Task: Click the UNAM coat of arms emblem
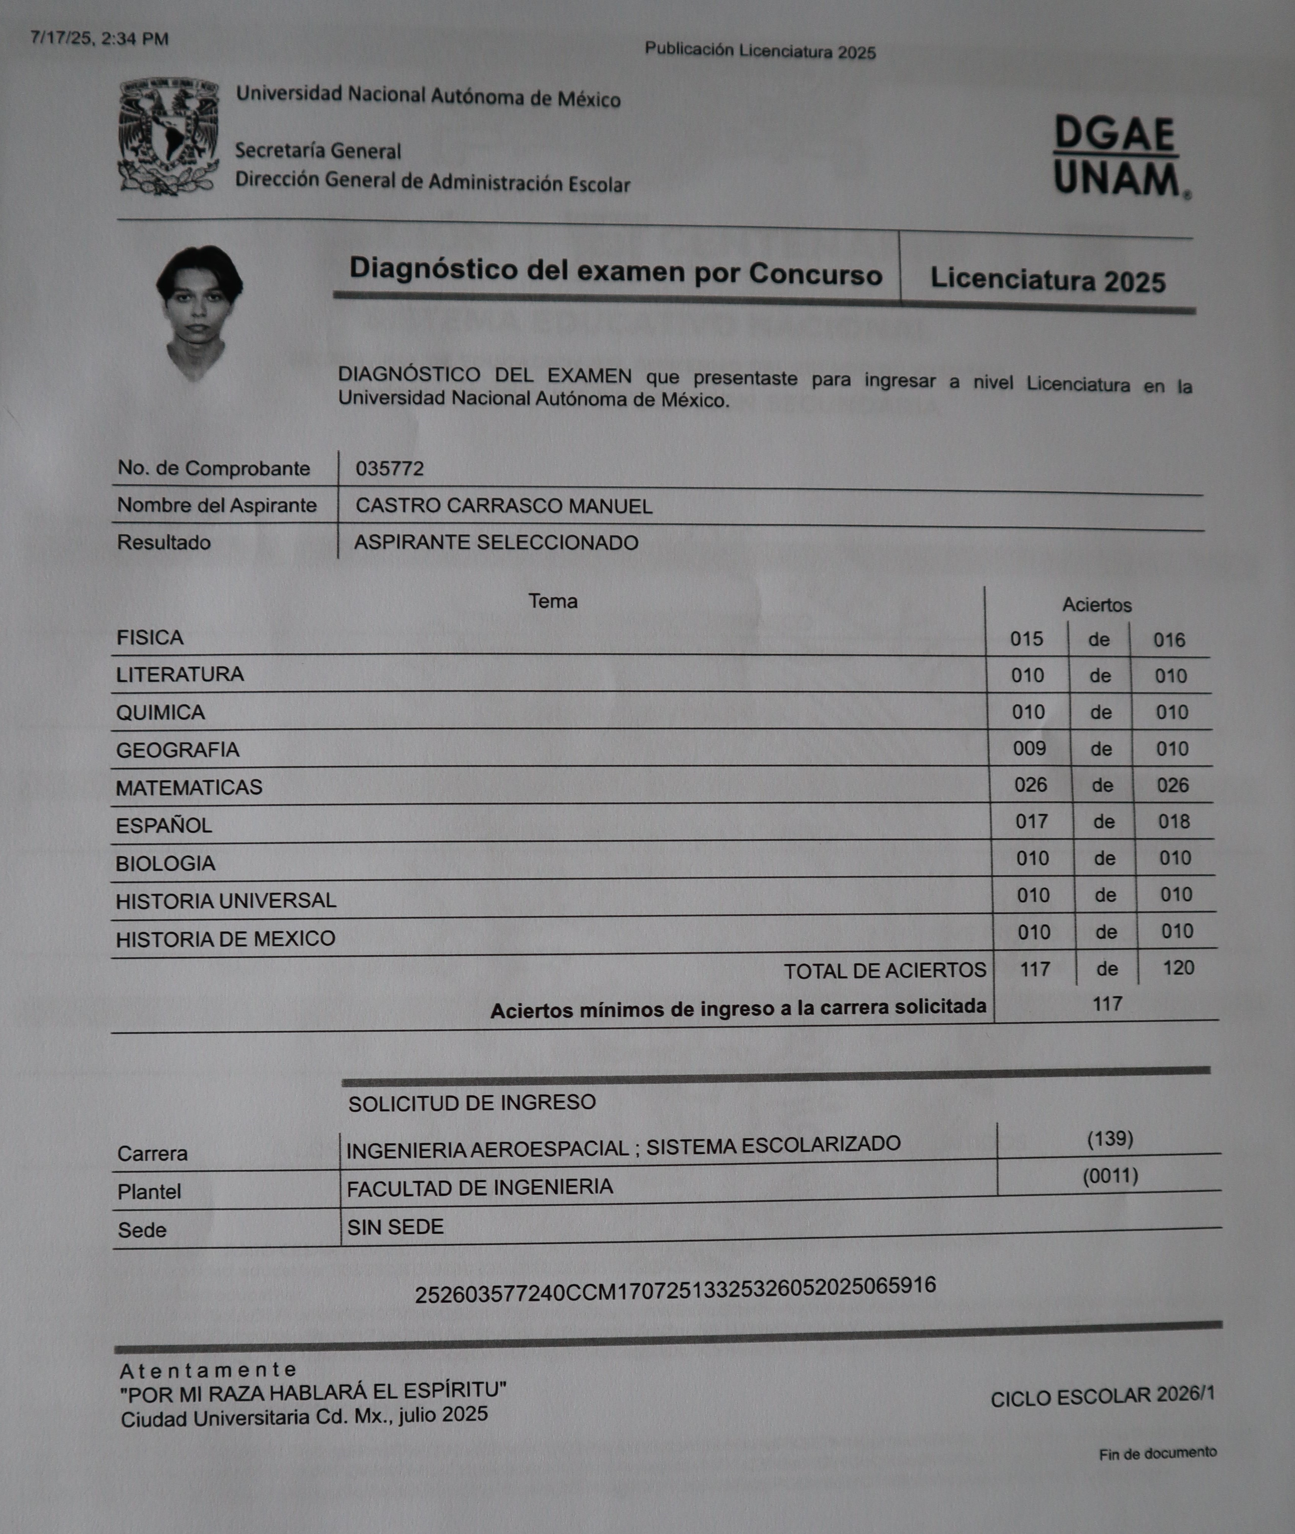point(169,137)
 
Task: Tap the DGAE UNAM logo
point(1119,157)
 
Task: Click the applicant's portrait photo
point(198,312)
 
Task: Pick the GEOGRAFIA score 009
point(1029,749)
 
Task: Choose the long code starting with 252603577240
point(675,1290)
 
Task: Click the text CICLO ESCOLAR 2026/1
point(1103,1396)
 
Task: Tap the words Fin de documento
point(1158,1453)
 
